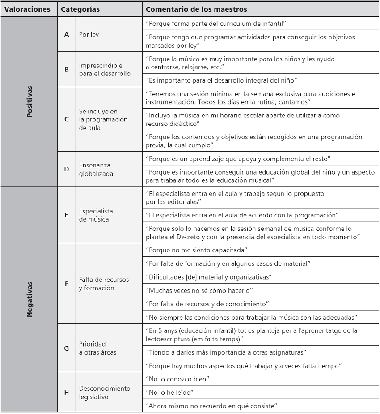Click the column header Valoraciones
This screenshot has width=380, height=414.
[x=27, y=9]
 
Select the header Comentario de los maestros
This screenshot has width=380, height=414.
[x=196, y=9]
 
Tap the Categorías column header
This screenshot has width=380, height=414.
[x=80, y=9]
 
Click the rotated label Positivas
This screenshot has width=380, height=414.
[x=30, y=101]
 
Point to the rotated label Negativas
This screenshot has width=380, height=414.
[x=30, y=299]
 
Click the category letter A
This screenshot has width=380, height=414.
[x=67, y=34]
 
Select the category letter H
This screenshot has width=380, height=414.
[x=67, y=392]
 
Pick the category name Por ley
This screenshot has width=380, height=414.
[x=89, y=34]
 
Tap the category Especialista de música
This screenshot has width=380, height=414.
[x=96, y=215]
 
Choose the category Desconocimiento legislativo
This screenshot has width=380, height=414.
[x=105, y=392]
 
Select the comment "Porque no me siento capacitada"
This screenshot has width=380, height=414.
[x=197, y=250]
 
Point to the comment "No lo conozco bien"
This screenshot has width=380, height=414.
[x=178, y=379]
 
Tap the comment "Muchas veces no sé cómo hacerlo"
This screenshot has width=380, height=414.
[x=200, y=290]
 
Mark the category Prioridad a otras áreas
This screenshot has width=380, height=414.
[x=97, y=348]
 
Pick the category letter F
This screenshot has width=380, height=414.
[x=67, y=284]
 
